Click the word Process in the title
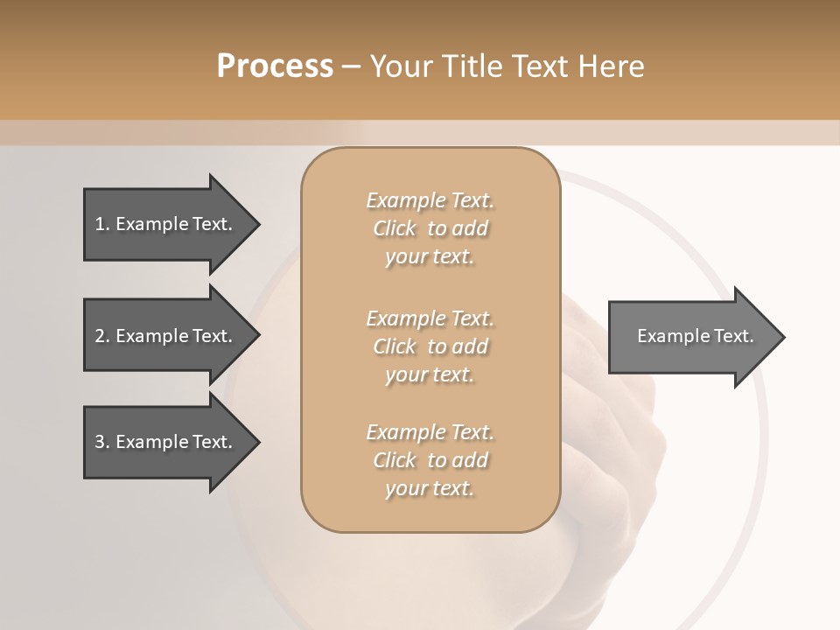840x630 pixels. click(x=275, y=66)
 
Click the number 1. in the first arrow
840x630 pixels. click(x=102, y=224)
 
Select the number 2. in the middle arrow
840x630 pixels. click(x=102, y=336)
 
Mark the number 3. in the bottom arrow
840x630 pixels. click(x=102, y=442)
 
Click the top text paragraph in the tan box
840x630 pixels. click(x=430, y=228)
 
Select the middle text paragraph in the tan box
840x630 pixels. click(x=430, y=346)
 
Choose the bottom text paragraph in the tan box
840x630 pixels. click(x=430, y=460)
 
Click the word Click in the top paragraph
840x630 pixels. click(x=395, y=228)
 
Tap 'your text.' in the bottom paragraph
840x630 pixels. click(x=430, y=488)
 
